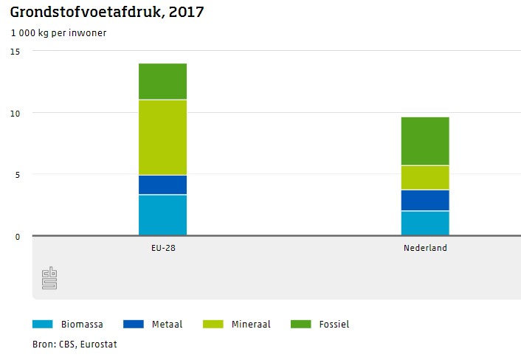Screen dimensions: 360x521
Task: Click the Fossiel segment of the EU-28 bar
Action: (162, 81)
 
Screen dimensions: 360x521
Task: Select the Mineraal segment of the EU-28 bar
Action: (162, 137)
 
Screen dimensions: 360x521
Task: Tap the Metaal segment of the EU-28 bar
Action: (162, 184)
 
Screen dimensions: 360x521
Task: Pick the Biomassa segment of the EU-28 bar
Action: (162, 215)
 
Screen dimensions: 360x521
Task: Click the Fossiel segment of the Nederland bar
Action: (425, 141)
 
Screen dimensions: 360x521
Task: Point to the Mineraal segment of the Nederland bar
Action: (425, 177)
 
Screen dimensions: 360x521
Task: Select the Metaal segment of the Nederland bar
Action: (425, 200)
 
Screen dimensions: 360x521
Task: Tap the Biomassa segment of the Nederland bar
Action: (425, 224)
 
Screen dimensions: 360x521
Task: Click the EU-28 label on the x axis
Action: (162, 248)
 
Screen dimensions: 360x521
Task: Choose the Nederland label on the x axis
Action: (425, 248)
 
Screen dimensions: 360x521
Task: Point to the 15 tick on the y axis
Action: (15, 51)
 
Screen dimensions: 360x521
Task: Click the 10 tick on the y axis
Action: (15, 113)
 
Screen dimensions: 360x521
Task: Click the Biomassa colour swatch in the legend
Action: (43, 324)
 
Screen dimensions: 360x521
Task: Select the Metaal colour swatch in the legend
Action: (134, 324)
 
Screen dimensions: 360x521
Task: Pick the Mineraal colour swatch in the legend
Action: (213, 324)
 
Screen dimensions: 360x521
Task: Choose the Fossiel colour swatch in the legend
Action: (301, 324)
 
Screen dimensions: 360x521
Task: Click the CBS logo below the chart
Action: (49, 277)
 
